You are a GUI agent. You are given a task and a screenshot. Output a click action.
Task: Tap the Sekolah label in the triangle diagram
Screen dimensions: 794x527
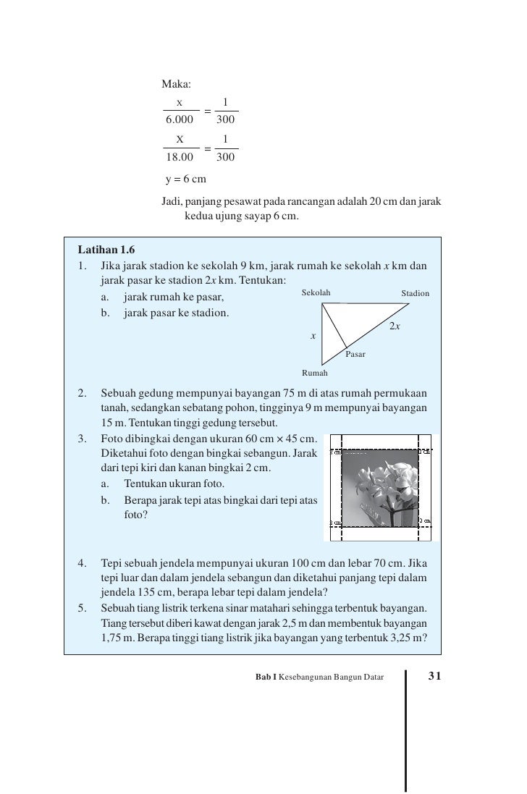click(316, 292)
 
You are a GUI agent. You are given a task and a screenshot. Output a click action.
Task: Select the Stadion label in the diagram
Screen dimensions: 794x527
click(416, 293)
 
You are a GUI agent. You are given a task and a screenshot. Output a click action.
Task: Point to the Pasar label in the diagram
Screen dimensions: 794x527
click(355, 355)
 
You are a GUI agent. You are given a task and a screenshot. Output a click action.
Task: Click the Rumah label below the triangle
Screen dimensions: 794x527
click(315, 373)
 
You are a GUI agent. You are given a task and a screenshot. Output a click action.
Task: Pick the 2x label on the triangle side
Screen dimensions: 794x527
click(395, 327)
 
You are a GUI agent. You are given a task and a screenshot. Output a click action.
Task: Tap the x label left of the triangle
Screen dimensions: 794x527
click(313, 336)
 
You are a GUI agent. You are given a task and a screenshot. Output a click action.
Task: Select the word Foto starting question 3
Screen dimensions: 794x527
click(113, 438)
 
